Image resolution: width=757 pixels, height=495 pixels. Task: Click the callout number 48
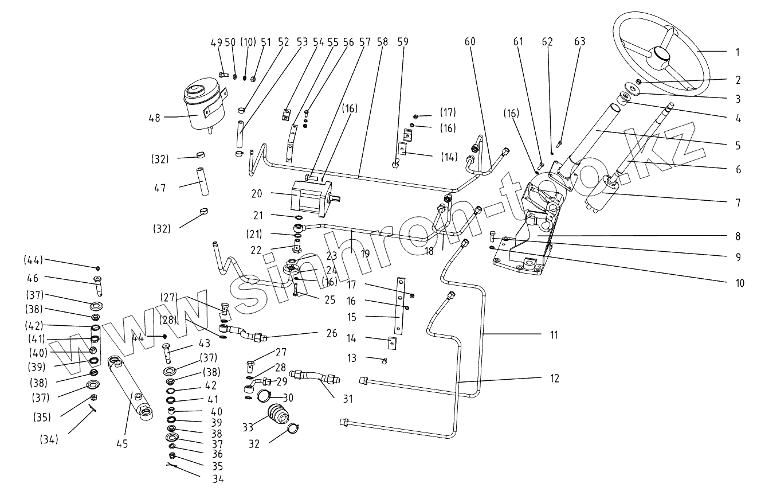pyautogui.click(x=154, y=117)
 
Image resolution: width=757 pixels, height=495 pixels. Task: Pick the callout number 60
pyautogui.click(x=470, y=42)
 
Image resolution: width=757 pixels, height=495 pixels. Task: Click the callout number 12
pyautogui.click(x=554, y=379)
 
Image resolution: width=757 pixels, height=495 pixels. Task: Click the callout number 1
pyautogui.click(x=738, y=52)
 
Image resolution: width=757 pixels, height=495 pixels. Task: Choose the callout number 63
pyautogui.click(x=581, y=42)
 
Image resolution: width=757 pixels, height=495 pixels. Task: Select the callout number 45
pyautogui.click(x=122, y=444)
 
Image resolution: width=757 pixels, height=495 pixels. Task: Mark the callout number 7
pyautogui.click(x=738, y=203)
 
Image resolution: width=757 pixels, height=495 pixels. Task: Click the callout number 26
pyautogui.click(x=332, y=333)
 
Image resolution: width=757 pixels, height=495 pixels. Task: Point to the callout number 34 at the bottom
pyautogui.click(x=218, y=479)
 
